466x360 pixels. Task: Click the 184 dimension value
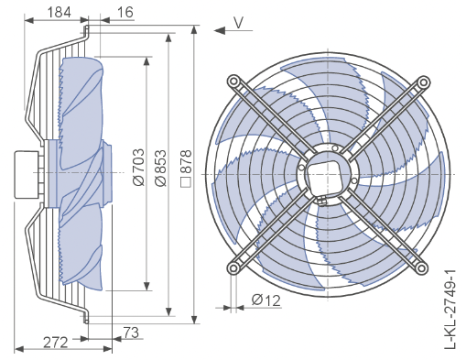tap(60, 12)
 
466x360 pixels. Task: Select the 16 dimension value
tap(125, 12)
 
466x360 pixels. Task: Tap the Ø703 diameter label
tap(138, 167)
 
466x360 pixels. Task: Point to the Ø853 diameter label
tap(160, 168)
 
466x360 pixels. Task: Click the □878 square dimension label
tap(186, 169)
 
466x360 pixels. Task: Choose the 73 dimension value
tap(131, 333)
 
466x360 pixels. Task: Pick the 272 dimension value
tap(55, 343)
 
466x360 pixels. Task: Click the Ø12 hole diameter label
tap(266, 300)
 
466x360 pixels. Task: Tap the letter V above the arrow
tap(238, 23)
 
